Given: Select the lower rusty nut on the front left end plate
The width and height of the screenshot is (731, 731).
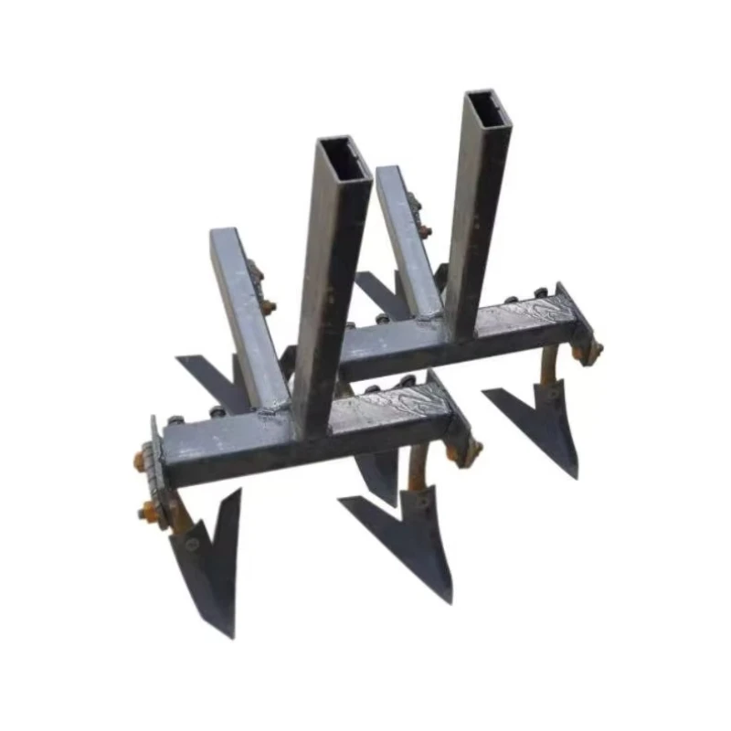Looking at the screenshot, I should click(x=147, y=511).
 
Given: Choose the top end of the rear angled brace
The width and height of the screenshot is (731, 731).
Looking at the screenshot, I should click(x=387, y=175).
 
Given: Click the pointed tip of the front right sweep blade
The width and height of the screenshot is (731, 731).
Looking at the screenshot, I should click(x=448, y=599).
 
